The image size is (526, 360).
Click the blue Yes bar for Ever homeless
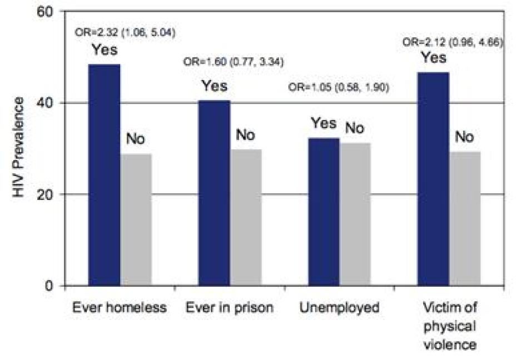pyautogui.click(x=104, y=175)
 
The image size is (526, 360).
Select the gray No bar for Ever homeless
pyautogui.click(x=136, y=220)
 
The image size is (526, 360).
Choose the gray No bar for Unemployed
pyautogui.click(x=355, y=214)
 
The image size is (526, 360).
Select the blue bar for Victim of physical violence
pyautogui.click(x=434, y=179)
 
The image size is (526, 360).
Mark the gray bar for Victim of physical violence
pyautogui.click(x=465, y=219)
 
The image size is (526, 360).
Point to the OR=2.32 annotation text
pyautogui.click(x=125, y=33)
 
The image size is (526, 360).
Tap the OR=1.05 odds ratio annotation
pyautogui.click(x=338, y=87)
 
